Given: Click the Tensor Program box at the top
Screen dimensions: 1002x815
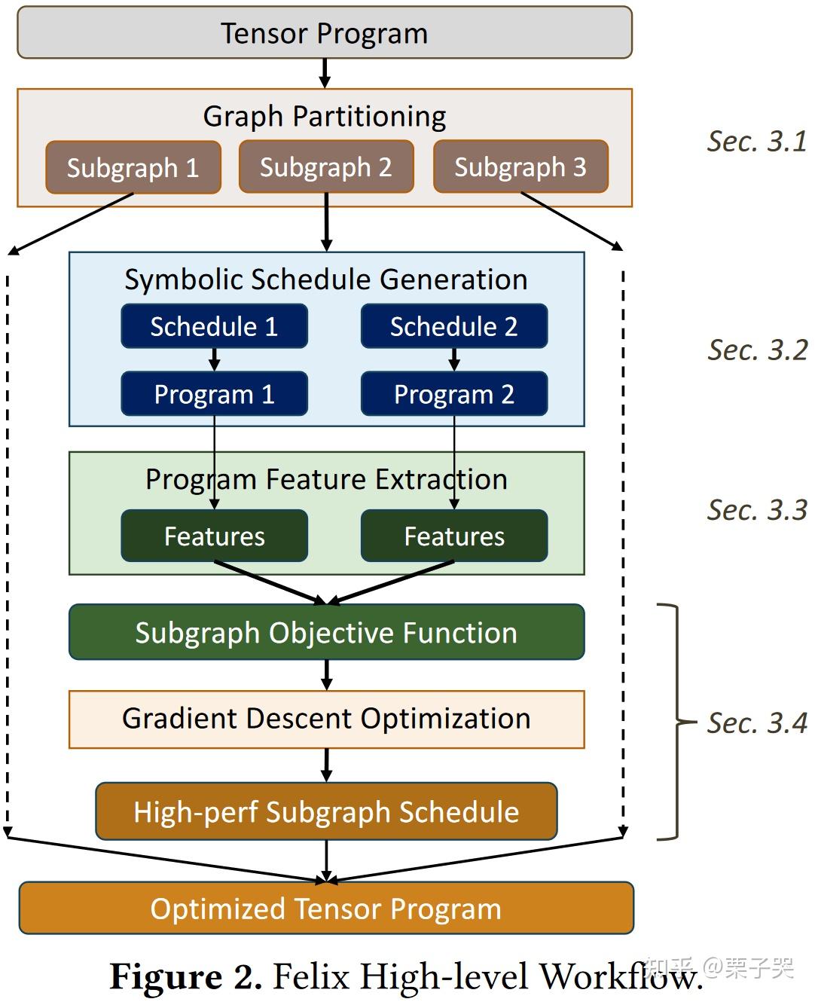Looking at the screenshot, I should [x=325, y=33].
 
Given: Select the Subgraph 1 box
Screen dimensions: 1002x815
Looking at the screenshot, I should [x=133, y=167].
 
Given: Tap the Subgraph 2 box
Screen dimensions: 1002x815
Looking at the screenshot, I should [x=326, y=166].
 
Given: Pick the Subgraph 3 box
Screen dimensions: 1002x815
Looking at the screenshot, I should [x=520, y=166].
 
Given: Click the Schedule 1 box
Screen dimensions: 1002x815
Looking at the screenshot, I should [x=215, y=326].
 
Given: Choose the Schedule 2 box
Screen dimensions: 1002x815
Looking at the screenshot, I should [x=454, y=326].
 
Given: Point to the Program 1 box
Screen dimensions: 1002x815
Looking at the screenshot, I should [x=215, y=394].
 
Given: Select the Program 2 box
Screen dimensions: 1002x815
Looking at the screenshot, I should [x=454, y=394].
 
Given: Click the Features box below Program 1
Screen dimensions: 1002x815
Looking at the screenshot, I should [x=215, y=536].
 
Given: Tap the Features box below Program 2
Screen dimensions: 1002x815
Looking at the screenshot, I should [x=454, y=536].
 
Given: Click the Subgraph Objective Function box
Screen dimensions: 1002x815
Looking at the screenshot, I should [x=326, y=633].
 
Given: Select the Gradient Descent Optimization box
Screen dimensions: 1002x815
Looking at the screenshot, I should [x=326, y=719].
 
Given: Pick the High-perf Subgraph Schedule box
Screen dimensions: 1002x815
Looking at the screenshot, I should [x=326, y=811].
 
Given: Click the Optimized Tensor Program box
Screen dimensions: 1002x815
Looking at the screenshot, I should [x=326, y=909].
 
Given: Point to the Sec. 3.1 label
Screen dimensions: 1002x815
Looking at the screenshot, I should [x=757, y=142].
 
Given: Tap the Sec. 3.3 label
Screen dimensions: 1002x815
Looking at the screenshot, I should [x=757, y=510].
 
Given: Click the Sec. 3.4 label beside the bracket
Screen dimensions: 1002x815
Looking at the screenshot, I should [x=757, y=722].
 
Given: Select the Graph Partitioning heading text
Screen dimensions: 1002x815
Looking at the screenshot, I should [x=325, y=116].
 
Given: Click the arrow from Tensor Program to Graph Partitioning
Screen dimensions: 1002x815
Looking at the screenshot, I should [x=325, y=73].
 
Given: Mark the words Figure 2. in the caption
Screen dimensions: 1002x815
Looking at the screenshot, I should [x=185, y=977].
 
